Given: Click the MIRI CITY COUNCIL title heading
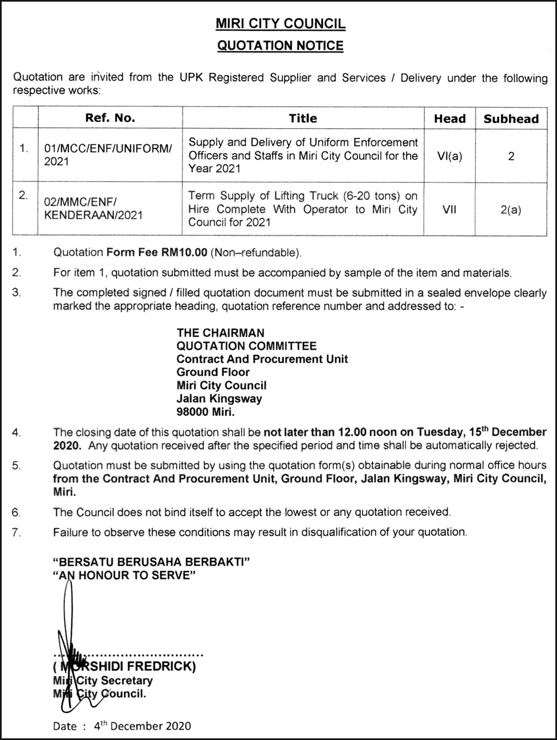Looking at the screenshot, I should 280,24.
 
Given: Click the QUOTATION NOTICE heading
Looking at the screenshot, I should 280,46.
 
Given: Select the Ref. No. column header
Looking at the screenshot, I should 110,118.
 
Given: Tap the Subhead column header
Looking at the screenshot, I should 511,118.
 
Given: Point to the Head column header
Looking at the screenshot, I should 449,118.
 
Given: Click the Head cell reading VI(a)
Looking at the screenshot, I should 449,156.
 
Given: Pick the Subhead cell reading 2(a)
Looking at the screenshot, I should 511,209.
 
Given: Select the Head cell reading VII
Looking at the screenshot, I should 449,209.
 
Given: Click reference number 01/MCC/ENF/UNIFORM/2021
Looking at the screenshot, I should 108,155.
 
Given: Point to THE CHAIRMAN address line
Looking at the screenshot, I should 220,332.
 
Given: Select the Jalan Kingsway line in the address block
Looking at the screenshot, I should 219,398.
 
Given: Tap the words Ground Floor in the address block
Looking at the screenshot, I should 213,372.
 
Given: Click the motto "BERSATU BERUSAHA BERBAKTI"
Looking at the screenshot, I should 151,562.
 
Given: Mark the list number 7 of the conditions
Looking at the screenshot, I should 17,532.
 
